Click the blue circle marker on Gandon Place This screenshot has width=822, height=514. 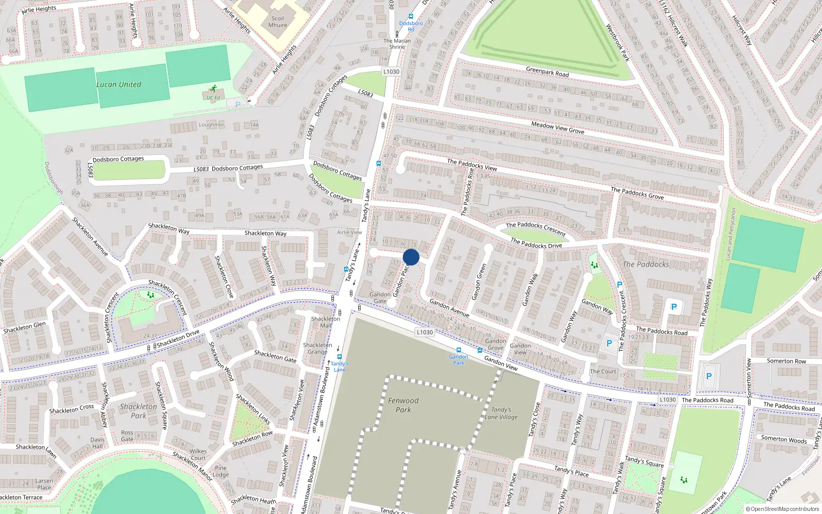tap(411, 257)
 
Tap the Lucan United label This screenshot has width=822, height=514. tap(119, 85)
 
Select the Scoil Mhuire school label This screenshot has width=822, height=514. tap(277, 22)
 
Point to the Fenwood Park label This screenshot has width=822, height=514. tap(403, 405)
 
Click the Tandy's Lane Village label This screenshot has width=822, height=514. tap(501, 414)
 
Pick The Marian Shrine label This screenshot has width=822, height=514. tap(397, 44)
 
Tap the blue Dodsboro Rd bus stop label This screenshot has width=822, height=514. tap(411, 26)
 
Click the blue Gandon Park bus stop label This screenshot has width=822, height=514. tap(458, 359)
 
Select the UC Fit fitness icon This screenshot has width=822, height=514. tap(213, 89)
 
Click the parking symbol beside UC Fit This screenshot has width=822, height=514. tap(237, 105)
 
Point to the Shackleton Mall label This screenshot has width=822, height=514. tap(326, 322)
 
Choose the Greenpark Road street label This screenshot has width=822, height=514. tap(547, 72)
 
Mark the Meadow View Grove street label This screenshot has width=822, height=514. tap(557, 127)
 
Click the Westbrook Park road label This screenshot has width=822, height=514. tap(618, 43)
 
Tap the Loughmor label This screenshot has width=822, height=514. tap(211, 125)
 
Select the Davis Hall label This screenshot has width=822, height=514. tap(97, 443)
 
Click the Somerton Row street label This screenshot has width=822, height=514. tap(786, 361)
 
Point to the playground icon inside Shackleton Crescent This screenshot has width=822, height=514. tap(151, 295)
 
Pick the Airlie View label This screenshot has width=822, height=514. tap(349, 232)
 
